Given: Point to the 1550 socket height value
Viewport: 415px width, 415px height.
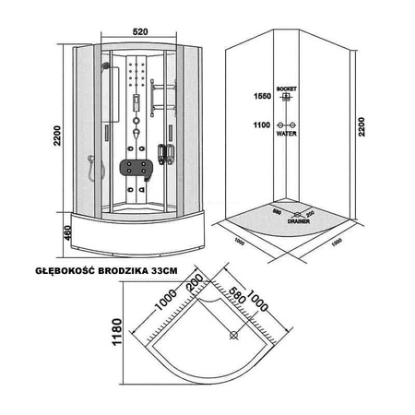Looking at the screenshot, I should (262, 96).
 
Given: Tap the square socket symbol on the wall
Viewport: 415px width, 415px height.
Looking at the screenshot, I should (288, 96).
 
